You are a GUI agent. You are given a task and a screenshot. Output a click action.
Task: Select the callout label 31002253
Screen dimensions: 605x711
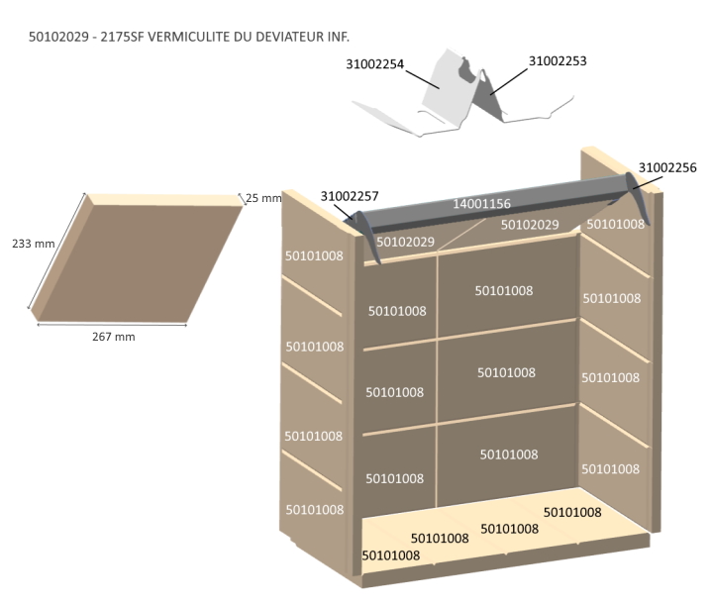pyautogui.click(x=558, y=60)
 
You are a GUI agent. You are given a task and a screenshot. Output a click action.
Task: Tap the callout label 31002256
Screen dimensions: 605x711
pyautogui.click(x=667, y=167)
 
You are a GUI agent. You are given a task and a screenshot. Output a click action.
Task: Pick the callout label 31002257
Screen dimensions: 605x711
pyautogui.click(x=350, y=196)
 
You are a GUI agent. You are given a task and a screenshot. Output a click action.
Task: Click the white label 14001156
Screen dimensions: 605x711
pyautogui.click(x=481, y=204)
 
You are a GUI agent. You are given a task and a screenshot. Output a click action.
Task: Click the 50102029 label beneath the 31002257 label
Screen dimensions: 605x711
pyautogui.click(x=406, y=242)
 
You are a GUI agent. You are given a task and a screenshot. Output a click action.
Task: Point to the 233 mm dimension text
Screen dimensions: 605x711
pyautogui.click(x=32, y=244)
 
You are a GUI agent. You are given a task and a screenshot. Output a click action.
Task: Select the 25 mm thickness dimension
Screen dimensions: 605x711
pyautogui.click(x=263, y=198)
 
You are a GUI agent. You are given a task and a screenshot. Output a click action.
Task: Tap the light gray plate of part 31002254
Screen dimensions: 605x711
pyautogui.click(x=444, y=95)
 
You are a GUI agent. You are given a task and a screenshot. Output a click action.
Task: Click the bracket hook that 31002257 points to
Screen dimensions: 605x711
pyautogui.click(x=369, y=238)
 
